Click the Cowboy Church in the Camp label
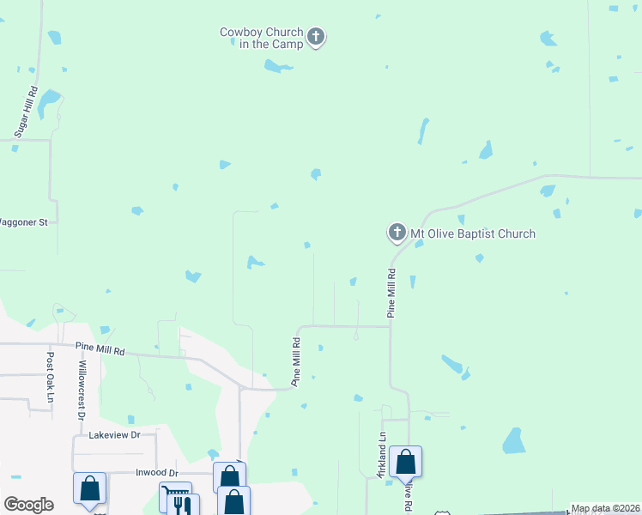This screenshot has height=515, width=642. coord(261,38)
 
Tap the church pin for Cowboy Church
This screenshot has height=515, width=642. coord(316,37)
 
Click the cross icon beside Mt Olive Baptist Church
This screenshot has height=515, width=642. coord(397,233)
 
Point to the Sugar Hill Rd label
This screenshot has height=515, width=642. coord(27,112)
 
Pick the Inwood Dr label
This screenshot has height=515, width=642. coord(156,473)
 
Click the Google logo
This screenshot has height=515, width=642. coord(28,505)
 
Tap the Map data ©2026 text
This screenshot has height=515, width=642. coord(605,508)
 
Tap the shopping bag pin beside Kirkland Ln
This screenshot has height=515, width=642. coord(406,462)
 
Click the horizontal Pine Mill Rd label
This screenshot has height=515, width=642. coord(100,350)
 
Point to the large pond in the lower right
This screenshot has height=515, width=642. coord(514,441)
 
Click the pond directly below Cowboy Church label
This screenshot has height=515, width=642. coord(277,66)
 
